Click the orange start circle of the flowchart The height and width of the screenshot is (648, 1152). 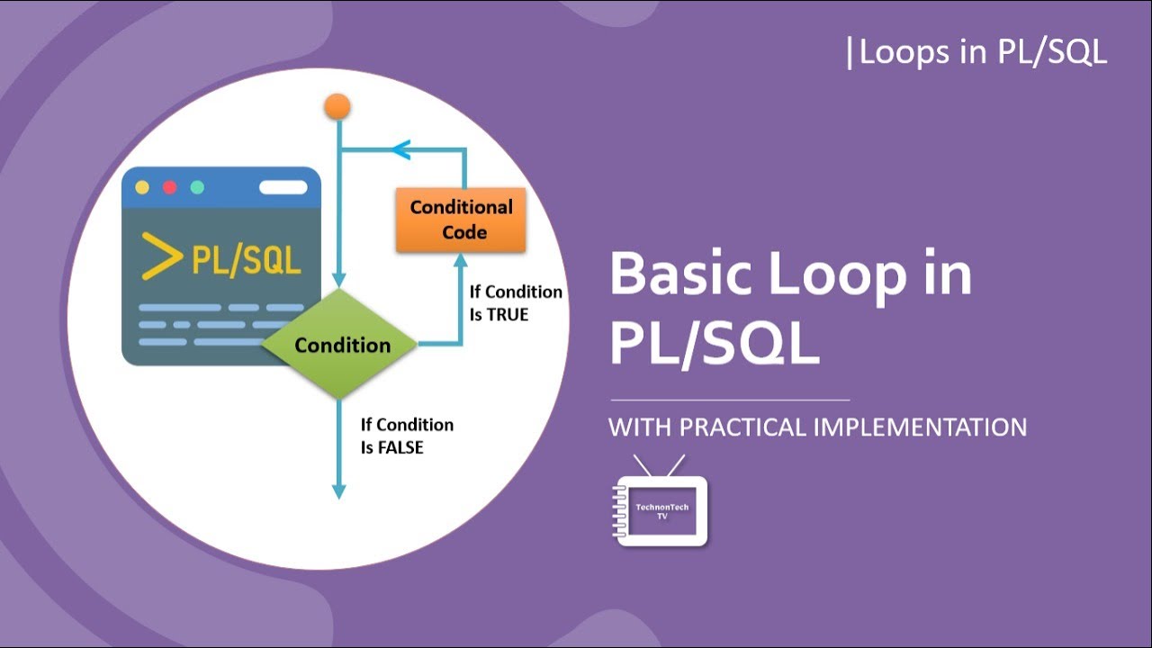337,107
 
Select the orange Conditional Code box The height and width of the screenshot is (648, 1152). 461,220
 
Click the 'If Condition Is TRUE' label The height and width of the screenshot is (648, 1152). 515,303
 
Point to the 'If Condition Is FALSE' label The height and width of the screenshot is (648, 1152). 407,436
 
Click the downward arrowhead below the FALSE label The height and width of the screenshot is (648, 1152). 339,490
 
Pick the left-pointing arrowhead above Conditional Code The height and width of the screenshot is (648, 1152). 400,149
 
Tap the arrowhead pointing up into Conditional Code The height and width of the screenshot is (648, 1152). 461,260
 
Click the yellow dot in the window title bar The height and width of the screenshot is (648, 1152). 141,188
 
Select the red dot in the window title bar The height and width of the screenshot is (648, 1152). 169,188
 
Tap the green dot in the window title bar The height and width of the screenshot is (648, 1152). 197,188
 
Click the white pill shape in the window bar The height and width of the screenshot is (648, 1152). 283,188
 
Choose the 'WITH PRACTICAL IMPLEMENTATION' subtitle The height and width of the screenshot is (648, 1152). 817,427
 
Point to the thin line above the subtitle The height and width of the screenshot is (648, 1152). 730,400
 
